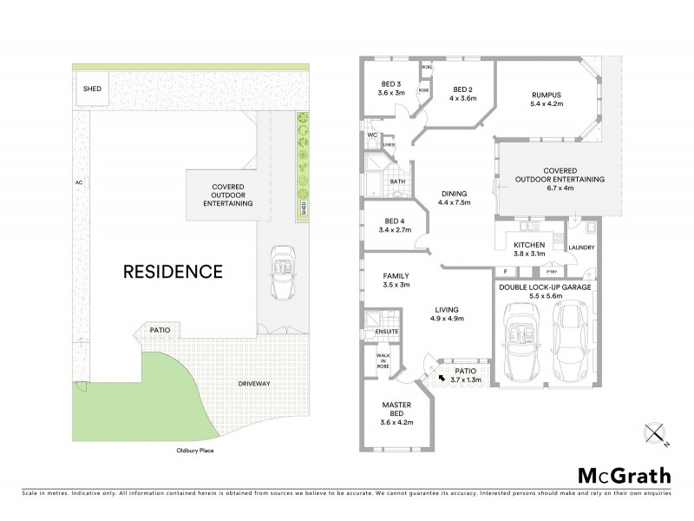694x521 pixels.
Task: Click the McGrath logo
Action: (625, 475)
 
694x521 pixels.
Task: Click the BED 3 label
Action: (392, 85)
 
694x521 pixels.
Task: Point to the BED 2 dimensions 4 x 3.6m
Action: (463, 97)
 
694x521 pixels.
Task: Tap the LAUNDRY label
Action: (581, 247)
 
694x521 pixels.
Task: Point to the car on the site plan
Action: (285, 271)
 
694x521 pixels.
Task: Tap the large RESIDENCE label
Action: (172, 271)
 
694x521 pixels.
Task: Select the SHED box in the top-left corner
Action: (90, 89)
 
